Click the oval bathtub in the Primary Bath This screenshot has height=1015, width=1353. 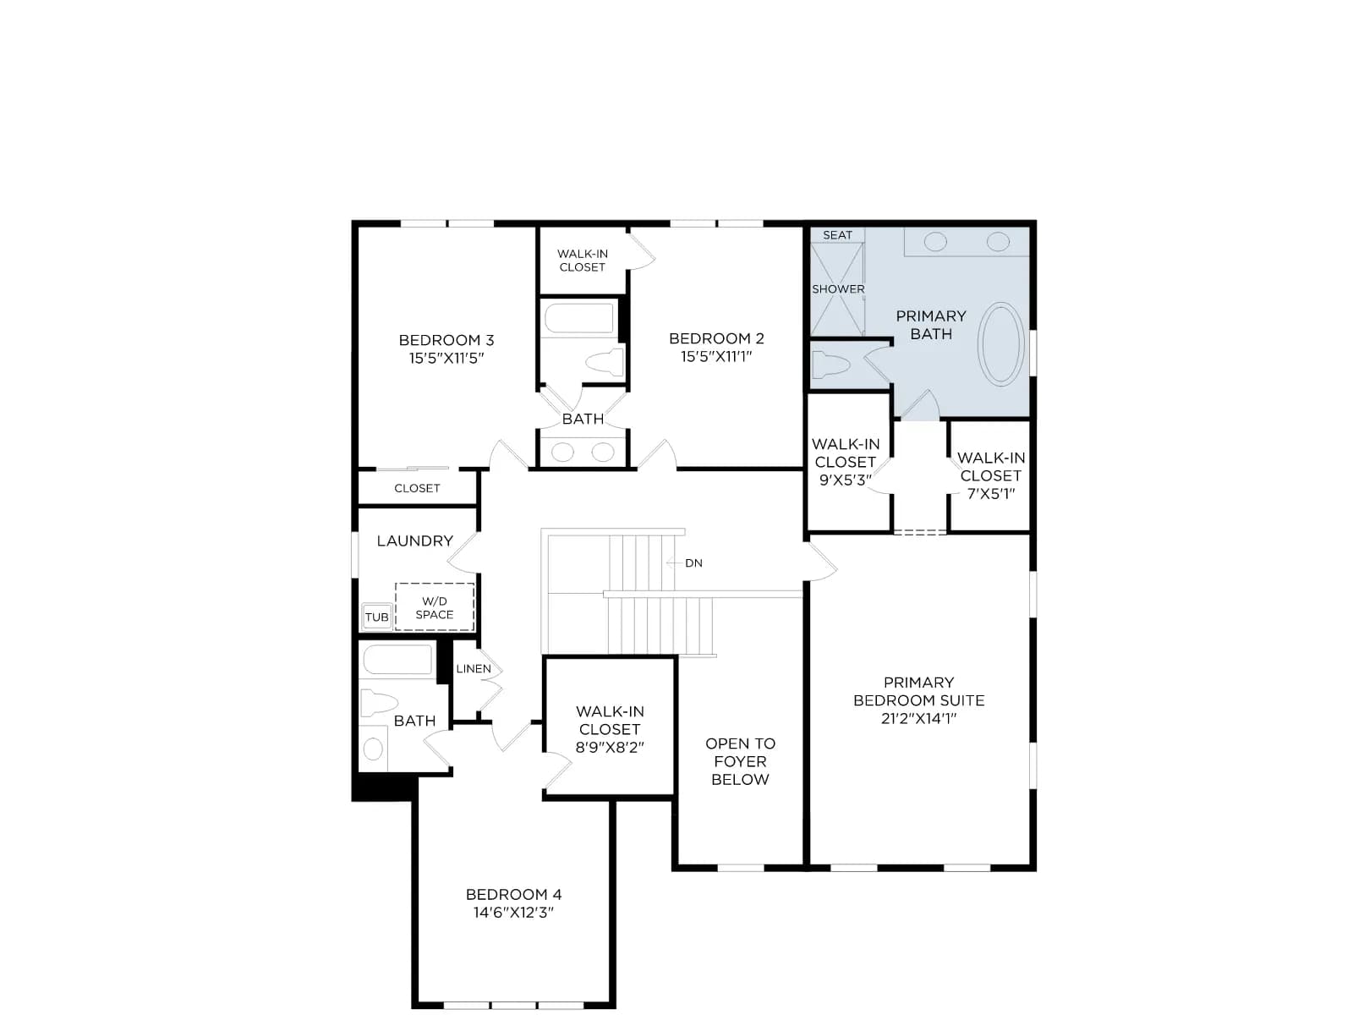point(1000,344)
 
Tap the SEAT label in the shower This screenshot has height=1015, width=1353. point(837,235)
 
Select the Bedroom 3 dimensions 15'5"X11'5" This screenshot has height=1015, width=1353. point(446,358)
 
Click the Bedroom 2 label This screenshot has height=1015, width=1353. point(716,338)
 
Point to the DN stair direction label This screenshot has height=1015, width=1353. point(693,562)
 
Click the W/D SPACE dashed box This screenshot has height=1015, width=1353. point(435,607)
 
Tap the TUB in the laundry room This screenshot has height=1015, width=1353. point(376,617)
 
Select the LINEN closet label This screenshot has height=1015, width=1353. point(474,669)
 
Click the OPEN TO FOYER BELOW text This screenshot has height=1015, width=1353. point(740,761)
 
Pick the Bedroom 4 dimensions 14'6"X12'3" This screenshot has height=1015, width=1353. point(513,912)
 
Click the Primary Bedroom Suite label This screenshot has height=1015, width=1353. point(918,691)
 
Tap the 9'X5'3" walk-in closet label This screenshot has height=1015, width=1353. point(845,480)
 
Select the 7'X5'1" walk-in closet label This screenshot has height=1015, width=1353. point(990,494)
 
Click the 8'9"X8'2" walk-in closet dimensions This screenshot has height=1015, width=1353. point(610,747)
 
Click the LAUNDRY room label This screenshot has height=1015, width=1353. point(415,541)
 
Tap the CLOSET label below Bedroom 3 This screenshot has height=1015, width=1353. point(417,488)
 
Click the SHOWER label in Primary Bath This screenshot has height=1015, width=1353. point(838,289)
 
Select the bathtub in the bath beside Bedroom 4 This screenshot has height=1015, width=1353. point(397,660)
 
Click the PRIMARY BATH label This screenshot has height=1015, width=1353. point(931,325)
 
